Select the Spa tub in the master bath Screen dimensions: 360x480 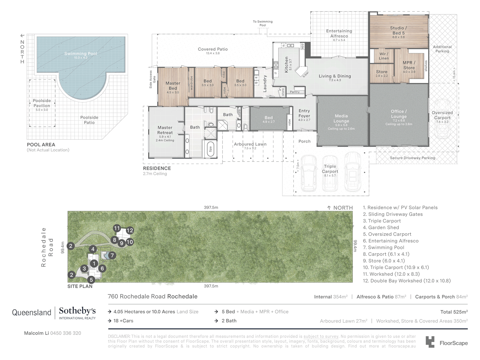coord(210,149)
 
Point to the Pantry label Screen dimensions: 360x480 coord(295,92)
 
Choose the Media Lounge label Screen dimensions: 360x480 coord(341,119)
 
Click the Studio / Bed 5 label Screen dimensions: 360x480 coord(398,31)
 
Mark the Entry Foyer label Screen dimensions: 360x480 coord(304,113)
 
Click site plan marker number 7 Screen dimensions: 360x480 coord(112,256)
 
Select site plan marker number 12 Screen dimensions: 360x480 coord(130,230)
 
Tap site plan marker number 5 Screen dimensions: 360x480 coord(91,280)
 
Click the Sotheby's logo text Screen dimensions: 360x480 coord(77,311)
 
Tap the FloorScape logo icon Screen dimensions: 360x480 coord(430,342)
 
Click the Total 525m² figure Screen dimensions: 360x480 coord(454,312)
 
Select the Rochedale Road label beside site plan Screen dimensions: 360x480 coord(47,247)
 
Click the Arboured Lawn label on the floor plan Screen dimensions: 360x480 coord(250,144)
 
